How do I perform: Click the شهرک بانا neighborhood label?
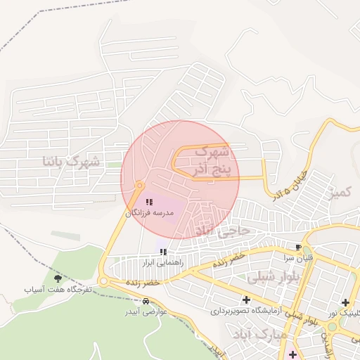point(71,162)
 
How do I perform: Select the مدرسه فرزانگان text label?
point(149,212)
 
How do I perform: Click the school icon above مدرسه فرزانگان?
point(148,202)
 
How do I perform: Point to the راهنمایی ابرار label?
point(162,262)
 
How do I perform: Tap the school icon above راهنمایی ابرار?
point(163,252)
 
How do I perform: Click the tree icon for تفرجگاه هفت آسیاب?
point(58,279)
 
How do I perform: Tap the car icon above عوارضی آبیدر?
point(146,301)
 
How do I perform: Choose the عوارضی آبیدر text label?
point(145,311)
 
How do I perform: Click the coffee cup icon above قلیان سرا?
point(298,247)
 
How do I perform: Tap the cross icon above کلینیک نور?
point(345,302)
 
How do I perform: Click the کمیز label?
point(343,191)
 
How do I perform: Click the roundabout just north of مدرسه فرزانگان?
point(139,186)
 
